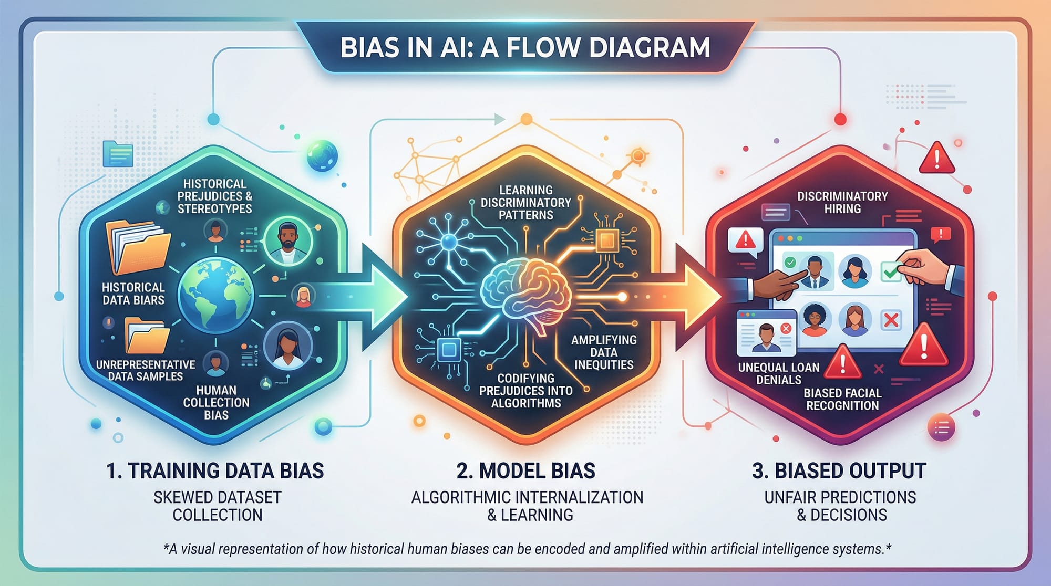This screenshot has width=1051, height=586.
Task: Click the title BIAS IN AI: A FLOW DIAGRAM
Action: pyautogui.click(x=525, y=47)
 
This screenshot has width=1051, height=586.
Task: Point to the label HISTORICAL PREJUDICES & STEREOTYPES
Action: pyautogui.click(x=214, y=196)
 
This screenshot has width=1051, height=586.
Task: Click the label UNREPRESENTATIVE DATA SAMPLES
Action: pyautogui.click(x=146, y=370)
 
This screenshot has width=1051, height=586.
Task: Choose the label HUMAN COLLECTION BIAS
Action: pyautogui.click(x=216, y=403)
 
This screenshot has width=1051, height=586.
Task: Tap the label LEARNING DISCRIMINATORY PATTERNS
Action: pyautogui.click(x=526, y=203)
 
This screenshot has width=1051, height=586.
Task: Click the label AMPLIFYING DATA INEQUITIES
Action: pyautogui.click(x=604, y=352)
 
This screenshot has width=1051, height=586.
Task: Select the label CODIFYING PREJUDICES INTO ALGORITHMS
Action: pyautogui.click(x=526, y=391)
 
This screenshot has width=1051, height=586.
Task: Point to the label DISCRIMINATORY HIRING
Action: pyautogui.click(x=842, y=203)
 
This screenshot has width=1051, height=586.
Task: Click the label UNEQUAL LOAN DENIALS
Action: pyautogui.click(x=779, y=373)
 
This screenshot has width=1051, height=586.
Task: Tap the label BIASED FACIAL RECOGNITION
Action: pyautogui.click(x=842, y=399)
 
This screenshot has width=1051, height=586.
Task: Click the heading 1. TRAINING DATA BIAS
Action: pyautogui.click(x=215, y=470)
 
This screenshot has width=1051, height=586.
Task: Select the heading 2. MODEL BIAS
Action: pyautogui.click(x=525, y=470)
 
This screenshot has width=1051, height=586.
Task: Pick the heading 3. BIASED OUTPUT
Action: pyautogui.click(x=839, y=470)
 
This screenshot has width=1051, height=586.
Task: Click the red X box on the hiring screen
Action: pyautogui.click(x=891, y=320)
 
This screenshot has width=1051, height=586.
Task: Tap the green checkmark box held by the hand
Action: pyautogui.click(x=890, y=271)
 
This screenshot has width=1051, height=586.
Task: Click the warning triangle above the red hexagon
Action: pyautogui.click(x=936, y=158)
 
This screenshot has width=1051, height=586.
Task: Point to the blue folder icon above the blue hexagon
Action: pyautogui.click(x=118, y=154)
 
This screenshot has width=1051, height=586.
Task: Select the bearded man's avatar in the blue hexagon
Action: pyautogui.click(x=287, y=243)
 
